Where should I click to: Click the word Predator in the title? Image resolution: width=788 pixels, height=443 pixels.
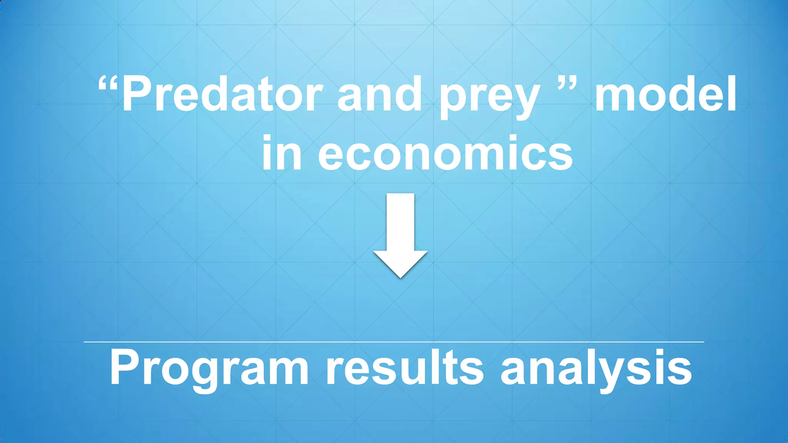222,94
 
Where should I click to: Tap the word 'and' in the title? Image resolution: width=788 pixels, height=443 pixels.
380,94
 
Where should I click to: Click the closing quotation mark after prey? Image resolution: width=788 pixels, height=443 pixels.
567,83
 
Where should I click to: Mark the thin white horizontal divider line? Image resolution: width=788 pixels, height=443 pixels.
394,341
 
